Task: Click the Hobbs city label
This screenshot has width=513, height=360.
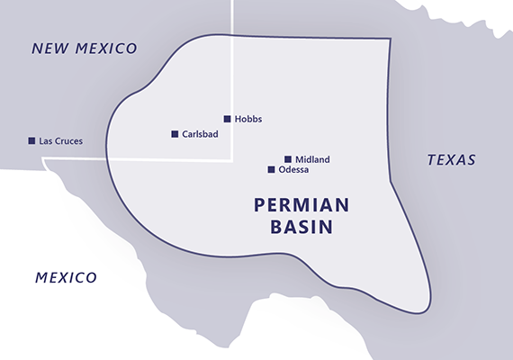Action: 248,119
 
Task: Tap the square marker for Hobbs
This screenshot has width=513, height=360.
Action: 228,118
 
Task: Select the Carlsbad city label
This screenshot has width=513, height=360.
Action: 200,134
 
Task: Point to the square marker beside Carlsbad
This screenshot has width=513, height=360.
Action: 175,134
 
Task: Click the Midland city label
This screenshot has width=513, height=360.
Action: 312,159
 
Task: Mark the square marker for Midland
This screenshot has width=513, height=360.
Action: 288,159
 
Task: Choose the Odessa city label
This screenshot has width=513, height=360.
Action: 295,169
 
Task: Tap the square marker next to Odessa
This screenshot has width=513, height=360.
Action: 271,169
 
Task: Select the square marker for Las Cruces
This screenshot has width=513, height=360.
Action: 31,140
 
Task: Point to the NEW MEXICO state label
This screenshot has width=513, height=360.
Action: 84,49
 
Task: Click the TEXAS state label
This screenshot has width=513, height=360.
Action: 451,160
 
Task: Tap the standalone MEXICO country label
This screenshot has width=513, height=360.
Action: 66,277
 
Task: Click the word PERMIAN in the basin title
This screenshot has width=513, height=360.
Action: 301,205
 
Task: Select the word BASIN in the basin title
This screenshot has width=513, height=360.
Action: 301,227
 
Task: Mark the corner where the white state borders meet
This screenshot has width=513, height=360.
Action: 233,161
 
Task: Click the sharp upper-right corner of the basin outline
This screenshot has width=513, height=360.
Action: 390,39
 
